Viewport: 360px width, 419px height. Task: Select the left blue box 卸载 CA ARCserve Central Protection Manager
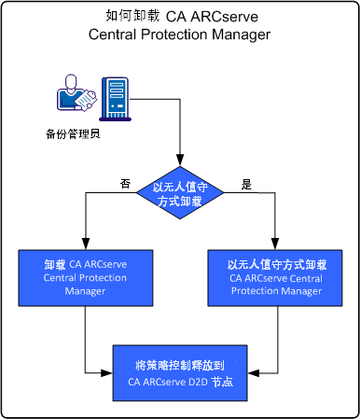[85, 277]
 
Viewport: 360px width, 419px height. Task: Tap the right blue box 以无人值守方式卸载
[276, 277]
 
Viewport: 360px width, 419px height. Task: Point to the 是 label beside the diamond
[247, 185]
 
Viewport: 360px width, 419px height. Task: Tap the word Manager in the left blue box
[85, 291]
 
